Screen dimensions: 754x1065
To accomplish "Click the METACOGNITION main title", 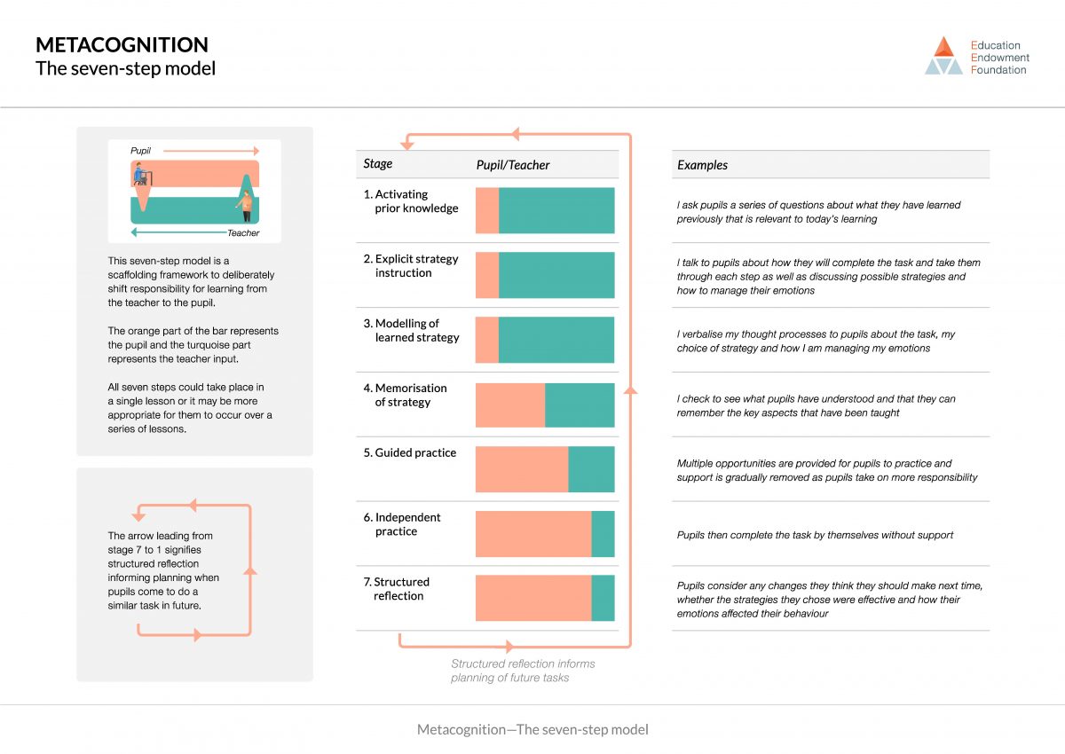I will click(x=122, y=45).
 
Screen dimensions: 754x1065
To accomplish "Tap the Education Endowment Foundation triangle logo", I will click(x=943, y=56).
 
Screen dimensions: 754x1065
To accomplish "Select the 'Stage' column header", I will click(x=378, y=164).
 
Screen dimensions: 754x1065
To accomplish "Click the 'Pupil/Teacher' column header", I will click(x=513, y=165).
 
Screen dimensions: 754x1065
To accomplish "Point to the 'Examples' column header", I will click(x=702, y=165).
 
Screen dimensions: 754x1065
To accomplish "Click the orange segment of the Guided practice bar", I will click(x=522, y=469).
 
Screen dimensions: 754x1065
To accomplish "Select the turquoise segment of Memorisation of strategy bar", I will click(x=580, y=404).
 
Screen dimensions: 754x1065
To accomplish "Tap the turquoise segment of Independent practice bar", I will click(x=603, y=534).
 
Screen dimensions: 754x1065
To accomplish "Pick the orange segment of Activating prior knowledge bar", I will click(x=487, y=210).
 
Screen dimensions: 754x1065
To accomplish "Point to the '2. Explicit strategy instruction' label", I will click(x=411, y=265).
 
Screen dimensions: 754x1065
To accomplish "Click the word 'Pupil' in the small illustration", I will click(x=140, y=152).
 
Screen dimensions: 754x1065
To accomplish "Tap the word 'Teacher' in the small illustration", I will click(x=243, y=233).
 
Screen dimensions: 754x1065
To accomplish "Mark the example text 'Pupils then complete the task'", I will click(x=815, y=536).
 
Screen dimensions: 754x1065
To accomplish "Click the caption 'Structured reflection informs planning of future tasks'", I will click(x=523, y=671).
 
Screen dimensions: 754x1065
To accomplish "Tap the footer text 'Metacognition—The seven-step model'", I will click(x=532, y=730).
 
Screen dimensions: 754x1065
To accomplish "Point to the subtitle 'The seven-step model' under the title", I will click(x=125, y=68).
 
